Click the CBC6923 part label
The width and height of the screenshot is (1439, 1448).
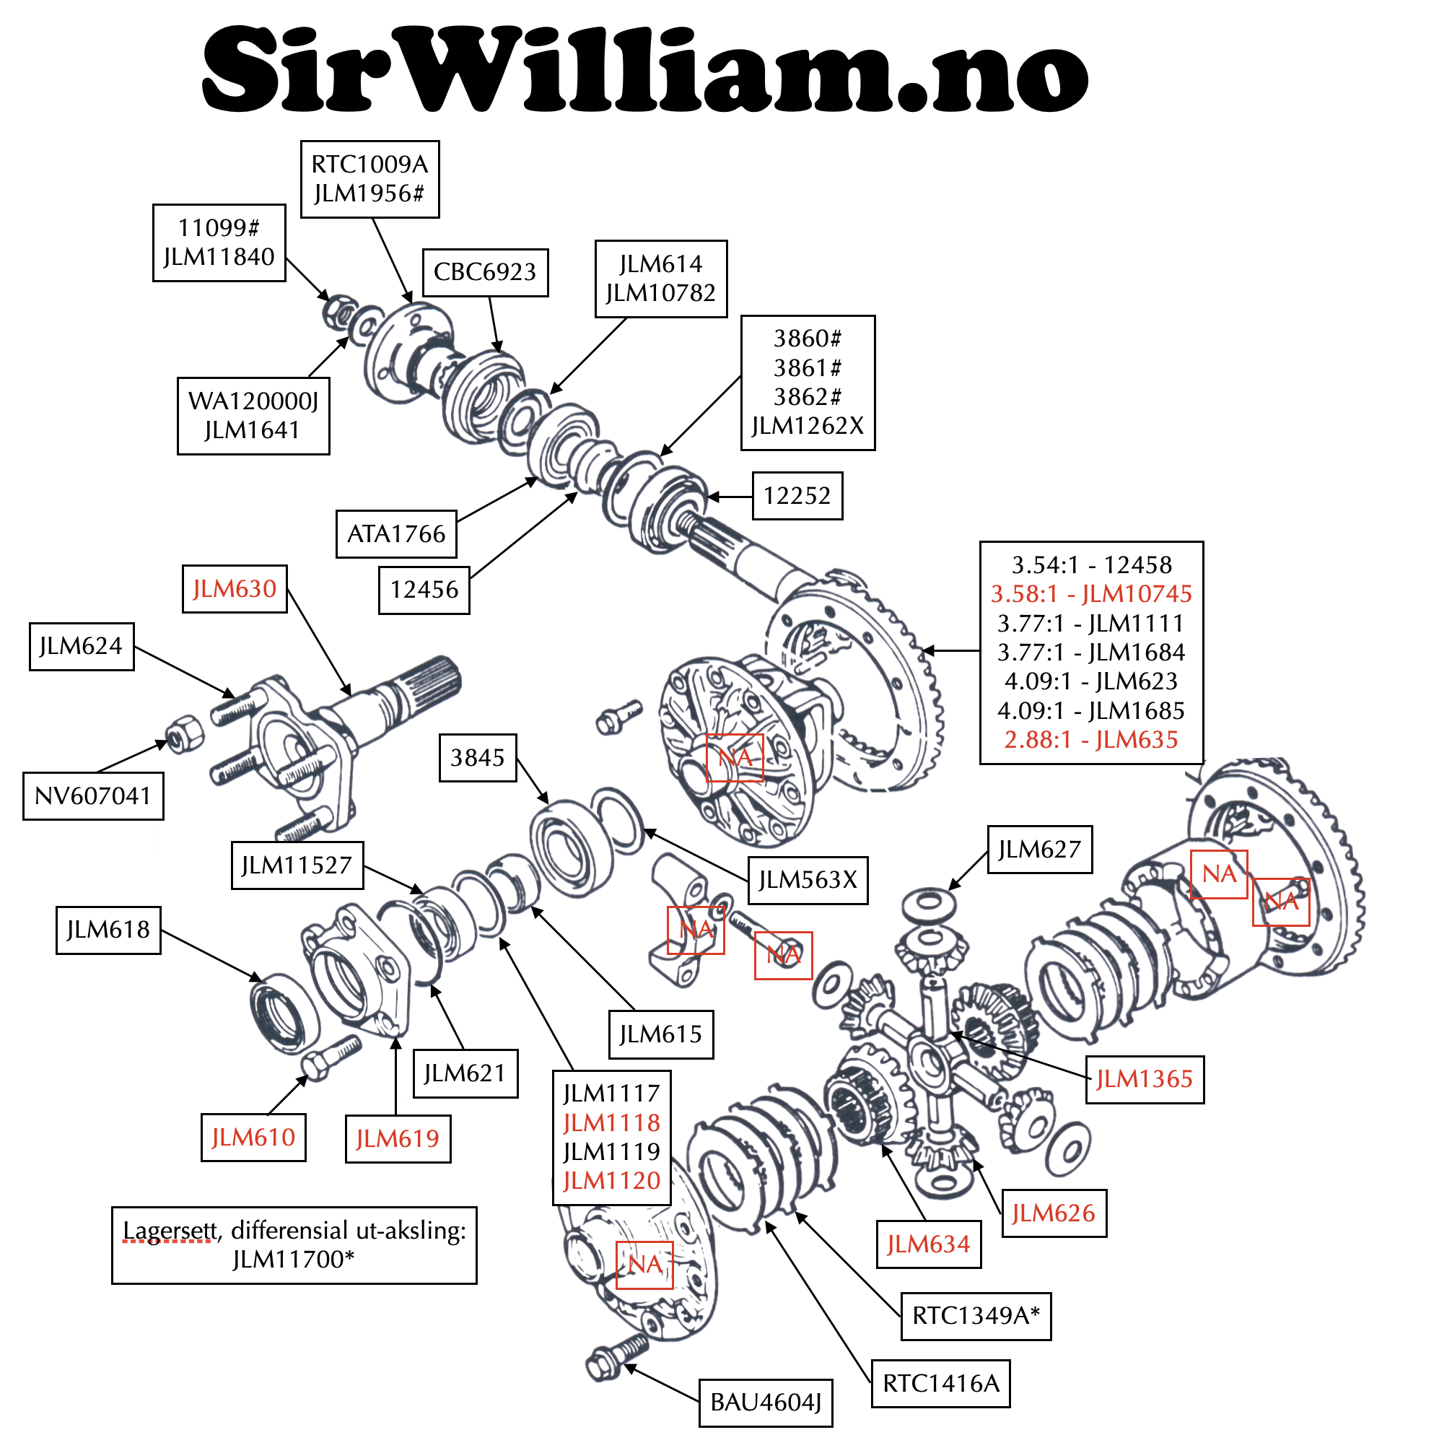[485, 272]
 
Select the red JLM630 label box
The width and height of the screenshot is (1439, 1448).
[235, 589]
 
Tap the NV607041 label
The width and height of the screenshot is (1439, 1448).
[93, 796]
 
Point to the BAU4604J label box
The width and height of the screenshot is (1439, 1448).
[765, 1403]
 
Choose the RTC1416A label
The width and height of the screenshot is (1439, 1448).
[940, 1384]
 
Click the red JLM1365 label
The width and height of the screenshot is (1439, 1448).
[1144, 1079]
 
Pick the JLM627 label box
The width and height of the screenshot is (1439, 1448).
[1039, 849]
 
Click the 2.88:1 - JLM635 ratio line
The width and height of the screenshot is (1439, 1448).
[1091, 740]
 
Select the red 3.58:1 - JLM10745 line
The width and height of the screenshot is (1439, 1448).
[1091, 594]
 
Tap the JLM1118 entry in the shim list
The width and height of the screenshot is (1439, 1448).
[611, 1122]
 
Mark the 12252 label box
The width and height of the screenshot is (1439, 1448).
[797, 496]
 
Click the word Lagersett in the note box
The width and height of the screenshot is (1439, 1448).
[170, 1231]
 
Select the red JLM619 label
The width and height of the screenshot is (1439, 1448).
[397, 1139]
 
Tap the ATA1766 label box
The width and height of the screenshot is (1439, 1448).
[395, 534]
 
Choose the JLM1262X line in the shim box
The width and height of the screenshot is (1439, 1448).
[808, 426]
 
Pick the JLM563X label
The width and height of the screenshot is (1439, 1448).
[808, 880]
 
